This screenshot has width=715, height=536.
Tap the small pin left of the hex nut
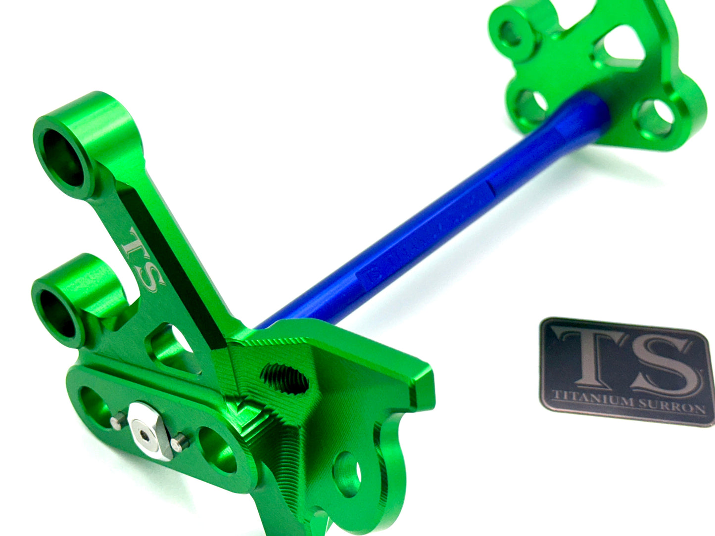(x=115, y=420)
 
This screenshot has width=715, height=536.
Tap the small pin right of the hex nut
(x=181, y=437)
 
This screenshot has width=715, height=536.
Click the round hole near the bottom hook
(x=347, y=468)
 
